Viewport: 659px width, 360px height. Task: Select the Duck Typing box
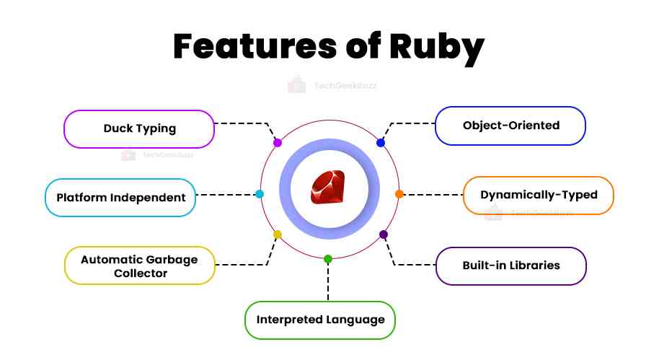tap(139, 128)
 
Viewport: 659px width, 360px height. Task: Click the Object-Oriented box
tap(510, 126)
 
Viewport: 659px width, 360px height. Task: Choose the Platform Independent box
tap(120, 197)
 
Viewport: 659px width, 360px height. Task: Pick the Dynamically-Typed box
tap(538, 195)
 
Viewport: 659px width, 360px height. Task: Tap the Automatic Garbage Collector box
tap(139, 265)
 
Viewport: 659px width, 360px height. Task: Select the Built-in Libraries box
tap(510, 265)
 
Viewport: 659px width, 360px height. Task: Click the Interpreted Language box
tap(320, 320)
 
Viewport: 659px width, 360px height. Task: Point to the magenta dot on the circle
tap(278, 143)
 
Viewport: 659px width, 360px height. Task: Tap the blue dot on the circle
tap(381, 143)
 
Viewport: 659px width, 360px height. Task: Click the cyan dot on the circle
tap(260, 194)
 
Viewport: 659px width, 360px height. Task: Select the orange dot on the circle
tap(399, 194)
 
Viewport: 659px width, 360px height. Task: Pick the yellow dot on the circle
tap(277, 234)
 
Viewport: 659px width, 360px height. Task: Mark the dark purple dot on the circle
tap(384, 234)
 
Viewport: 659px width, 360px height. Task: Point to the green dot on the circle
tap(328, 259)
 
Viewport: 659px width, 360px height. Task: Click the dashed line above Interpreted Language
tap(328, 281)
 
